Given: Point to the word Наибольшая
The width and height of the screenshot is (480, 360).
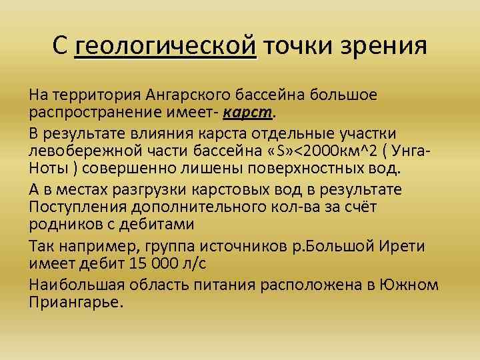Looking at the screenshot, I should coord(75,285).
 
